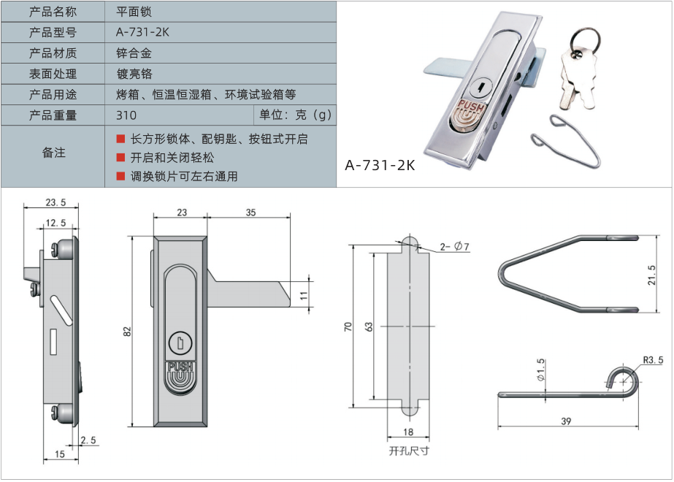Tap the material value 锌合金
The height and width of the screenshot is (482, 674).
[134, 53]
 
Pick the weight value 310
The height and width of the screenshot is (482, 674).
[126, 115]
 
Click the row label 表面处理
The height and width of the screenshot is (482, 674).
[53, 74]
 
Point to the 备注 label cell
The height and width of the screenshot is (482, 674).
[53, 153]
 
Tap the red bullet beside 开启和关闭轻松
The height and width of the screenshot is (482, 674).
[121, 158]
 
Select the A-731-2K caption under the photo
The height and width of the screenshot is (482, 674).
[380, 165]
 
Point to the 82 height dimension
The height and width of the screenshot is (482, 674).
[128, 330]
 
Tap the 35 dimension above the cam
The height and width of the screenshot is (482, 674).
[250, 213]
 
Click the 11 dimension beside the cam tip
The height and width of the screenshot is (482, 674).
[305, 295]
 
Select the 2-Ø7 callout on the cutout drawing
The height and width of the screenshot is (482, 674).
[454, 248]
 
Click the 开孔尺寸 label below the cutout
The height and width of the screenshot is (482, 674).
[409, 451]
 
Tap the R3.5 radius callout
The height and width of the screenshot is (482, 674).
[653, 359]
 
